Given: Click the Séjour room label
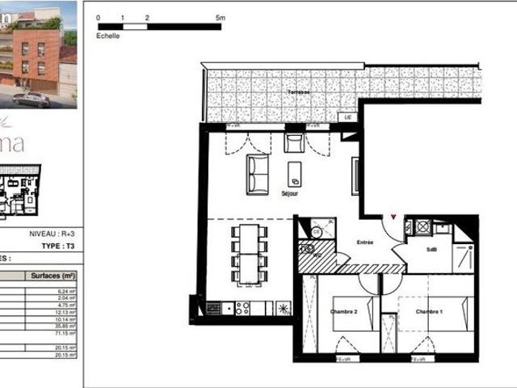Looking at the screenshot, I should (290, 195).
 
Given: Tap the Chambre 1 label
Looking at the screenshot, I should (429, 312).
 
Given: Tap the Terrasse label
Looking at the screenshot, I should (298, 92).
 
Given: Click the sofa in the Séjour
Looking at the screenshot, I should (258, 173).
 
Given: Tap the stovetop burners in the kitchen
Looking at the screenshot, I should (242, 308).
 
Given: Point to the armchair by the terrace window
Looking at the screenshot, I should (295, 143).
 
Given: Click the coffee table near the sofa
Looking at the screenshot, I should (296, 173).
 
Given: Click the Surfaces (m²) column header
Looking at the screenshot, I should (53, 276).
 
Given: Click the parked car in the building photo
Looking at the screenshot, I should (32, 100).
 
